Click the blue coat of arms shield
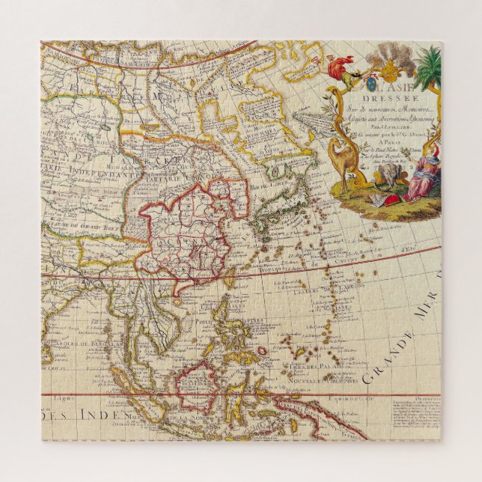(x=359, y=73)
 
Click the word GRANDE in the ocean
(x=388, y=356)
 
